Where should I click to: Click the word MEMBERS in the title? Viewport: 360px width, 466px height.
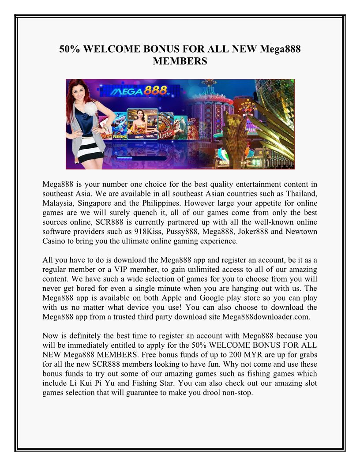point(180,61)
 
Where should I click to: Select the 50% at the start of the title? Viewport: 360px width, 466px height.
point(70,49)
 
